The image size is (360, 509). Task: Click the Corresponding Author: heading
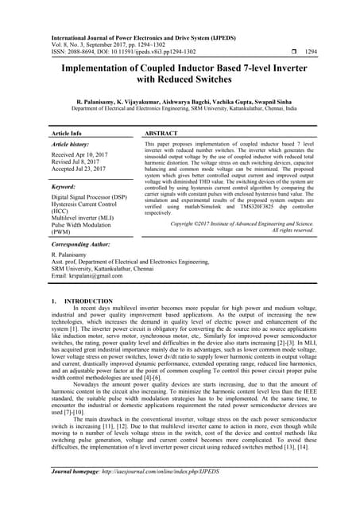click(84, 245)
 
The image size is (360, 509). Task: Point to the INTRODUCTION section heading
click(88, 302)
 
